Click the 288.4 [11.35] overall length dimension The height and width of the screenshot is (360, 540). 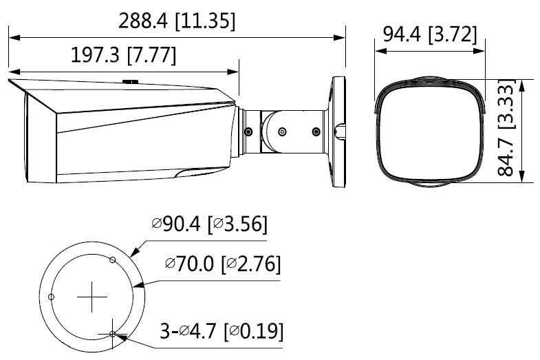click(177, 21)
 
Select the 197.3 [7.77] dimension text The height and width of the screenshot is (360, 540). click(123, 55)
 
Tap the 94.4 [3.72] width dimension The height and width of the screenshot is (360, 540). click(430, 34)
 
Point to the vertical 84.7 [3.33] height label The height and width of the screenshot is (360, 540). click(506, 128)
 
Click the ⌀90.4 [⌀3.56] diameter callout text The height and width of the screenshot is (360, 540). click(209, 224)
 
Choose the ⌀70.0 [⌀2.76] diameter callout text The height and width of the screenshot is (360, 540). click(223, 264)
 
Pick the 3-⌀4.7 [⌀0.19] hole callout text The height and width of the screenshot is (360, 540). click(222, 331)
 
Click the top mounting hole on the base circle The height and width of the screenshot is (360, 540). click(112, 260)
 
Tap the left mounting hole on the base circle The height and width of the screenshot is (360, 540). click(52, 297)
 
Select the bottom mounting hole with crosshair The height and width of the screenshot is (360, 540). click(112, 333)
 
